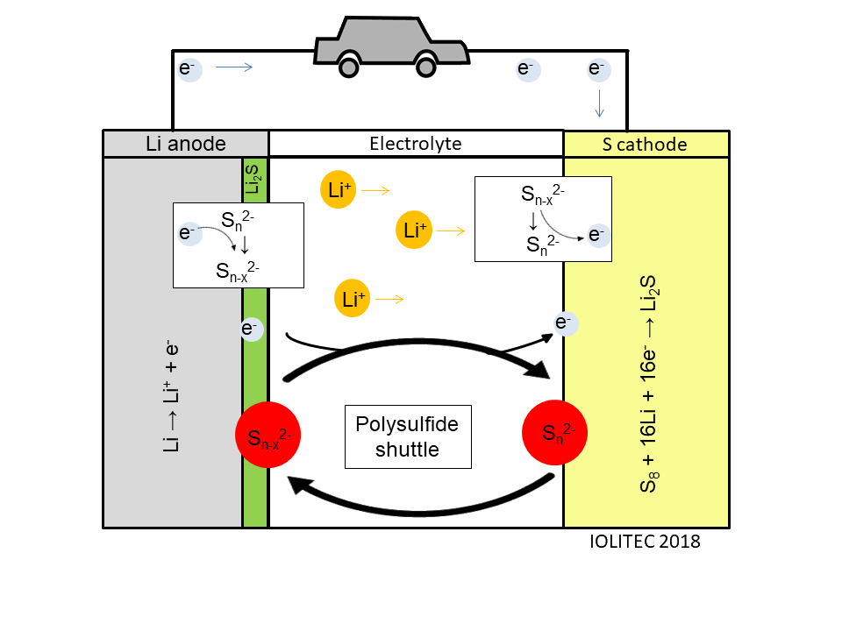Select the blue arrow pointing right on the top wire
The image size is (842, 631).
pos(234,67)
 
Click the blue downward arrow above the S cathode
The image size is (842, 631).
pos(599,103)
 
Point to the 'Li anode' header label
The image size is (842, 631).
pos(186,144)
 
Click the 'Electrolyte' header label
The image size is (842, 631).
pos(416,144)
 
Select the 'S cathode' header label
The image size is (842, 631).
pos(646,144)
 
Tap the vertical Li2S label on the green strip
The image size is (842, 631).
pos(254,178)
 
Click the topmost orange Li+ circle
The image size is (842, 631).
pos(338,189)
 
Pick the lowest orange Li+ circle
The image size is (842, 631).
pos(352,299)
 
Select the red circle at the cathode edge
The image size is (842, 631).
pos(554,431)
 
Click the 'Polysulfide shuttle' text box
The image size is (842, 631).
pos(408,436)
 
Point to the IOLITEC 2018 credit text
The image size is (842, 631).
pos(645,542)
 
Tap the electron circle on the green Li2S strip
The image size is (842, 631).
pos(251,329)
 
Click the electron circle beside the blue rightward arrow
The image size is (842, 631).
pos(189,67)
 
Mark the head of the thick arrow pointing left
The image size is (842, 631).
pos(296,484)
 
